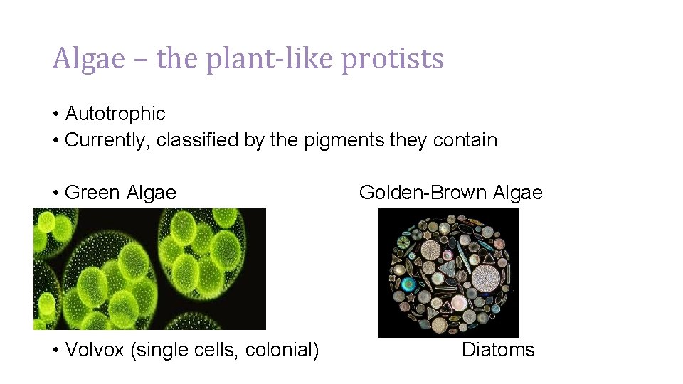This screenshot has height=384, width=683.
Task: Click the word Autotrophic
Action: [115, 114]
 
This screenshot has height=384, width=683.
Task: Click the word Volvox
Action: [95, 350]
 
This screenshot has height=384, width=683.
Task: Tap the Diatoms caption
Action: [498, 350]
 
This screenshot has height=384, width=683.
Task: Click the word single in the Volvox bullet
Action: [160, 350]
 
